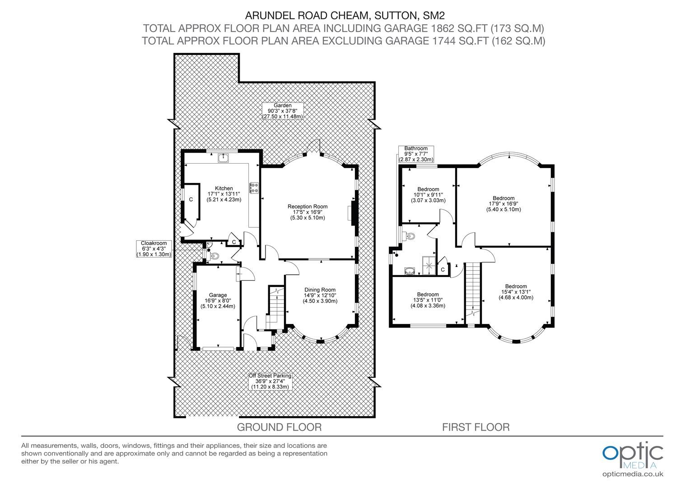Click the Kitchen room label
[x=224, y=194]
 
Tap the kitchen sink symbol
[x=223, y=158]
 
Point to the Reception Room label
[x=308, y=212]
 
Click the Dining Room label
[x=320, y=296]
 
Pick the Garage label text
[x=218, y=300]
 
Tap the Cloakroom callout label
[x=154, y=249]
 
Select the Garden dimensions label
[x=283, y=111]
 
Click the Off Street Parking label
[x=270, y=381]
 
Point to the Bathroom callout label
[x=416, y=154]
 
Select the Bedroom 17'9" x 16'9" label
[x=504, y=204]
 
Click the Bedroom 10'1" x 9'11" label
[x=428, y=195]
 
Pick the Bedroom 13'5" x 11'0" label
[x=428, y=300]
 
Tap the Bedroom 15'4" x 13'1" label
[x=516, y=292]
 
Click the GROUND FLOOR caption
[x=280, y=427]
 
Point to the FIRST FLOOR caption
[x=476, y=427]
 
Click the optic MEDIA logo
[x=633, y=460]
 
